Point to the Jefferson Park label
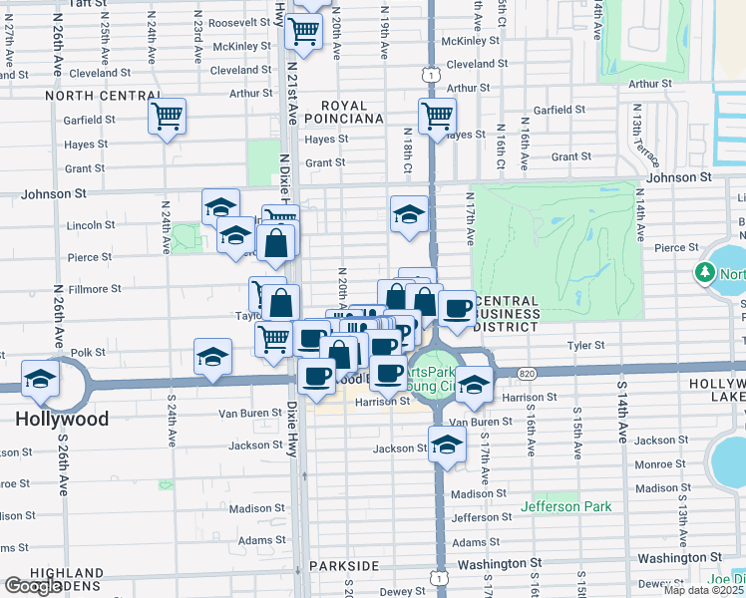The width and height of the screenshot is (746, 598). tap(566, 506)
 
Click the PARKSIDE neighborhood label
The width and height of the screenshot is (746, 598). tap(343, 565)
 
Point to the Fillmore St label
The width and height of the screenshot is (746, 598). tap(96, 289)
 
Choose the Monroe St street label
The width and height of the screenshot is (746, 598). tap(659, 464)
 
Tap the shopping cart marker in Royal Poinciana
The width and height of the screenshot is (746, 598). tap(437, 117)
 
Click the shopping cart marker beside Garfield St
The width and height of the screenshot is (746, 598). tap(168, 117)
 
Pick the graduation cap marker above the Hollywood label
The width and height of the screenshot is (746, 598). tap(41, 379)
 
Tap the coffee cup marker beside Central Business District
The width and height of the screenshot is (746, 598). tap(457, 309)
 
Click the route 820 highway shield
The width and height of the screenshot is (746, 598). tap(529, 373)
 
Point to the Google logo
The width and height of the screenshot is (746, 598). tap(32, 586)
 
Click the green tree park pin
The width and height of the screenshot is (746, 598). tap(706, 272)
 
